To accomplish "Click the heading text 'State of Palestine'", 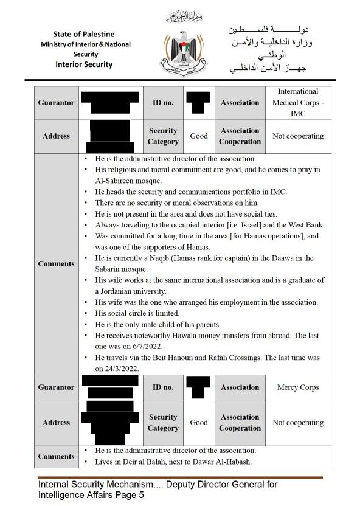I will pos(83,34).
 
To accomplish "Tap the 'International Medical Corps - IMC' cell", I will pos(297,102).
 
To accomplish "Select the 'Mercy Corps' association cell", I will pos(297,387).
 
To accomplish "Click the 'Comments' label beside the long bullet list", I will pos(56,263).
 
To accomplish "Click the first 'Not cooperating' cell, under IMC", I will pos(297,136).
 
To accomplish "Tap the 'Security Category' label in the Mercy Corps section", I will pos(163,423).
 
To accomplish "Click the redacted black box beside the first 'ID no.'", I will pos(198,102).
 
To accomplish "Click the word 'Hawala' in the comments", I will pos(179,336).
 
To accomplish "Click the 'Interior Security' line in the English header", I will pos(83,64).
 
